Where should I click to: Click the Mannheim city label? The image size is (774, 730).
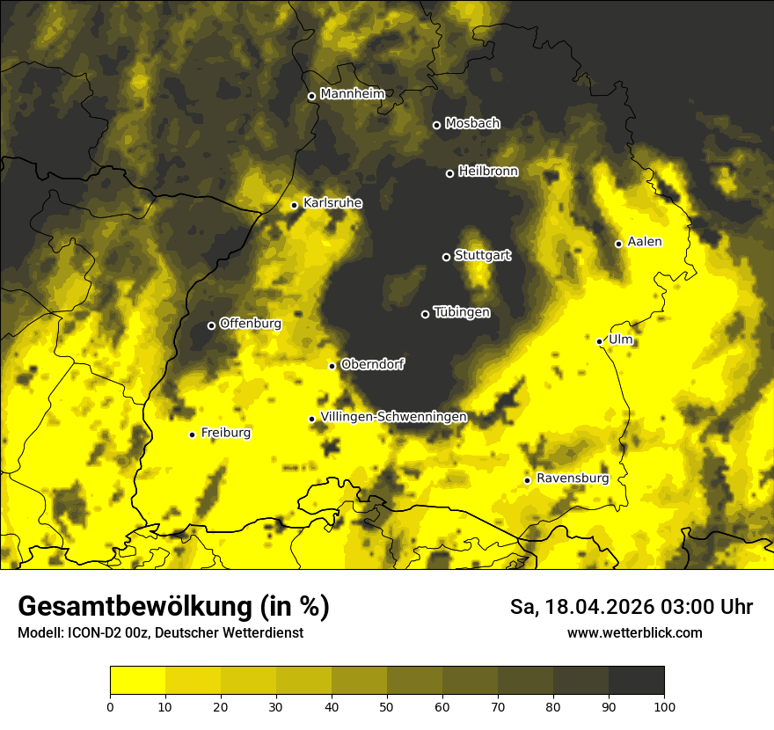354,94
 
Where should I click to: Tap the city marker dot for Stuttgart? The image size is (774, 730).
446,257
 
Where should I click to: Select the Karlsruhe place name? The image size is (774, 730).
332,203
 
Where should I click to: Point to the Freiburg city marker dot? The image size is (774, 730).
192,434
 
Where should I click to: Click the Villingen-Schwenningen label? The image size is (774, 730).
393,417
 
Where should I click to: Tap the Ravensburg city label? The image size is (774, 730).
573,478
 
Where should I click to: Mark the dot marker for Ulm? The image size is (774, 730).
599,341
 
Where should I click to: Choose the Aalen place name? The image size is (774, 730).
645,242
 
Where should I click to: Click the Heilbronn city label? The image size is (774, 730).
488,172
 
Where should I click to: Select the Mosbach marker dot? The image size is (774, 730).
436,125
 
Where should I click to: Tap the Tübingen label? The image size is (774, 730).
462,312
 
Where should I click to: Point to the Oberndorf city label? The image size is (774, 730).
373,364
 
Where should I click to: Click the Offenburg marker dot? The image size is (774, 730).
211,325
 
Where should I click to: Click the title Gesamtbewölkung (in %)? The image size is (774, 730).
173,607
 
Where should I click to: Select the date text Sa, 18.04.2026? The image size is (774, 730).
579,607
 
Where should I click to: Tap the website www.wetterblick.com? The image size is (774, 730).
634,633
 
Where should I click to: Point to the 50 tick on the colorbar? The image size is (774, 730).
387,705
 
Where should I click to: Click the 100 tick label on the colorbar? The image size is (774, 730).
664,705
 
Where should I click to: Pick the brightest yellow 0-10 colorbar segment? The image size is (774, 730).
137,680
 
